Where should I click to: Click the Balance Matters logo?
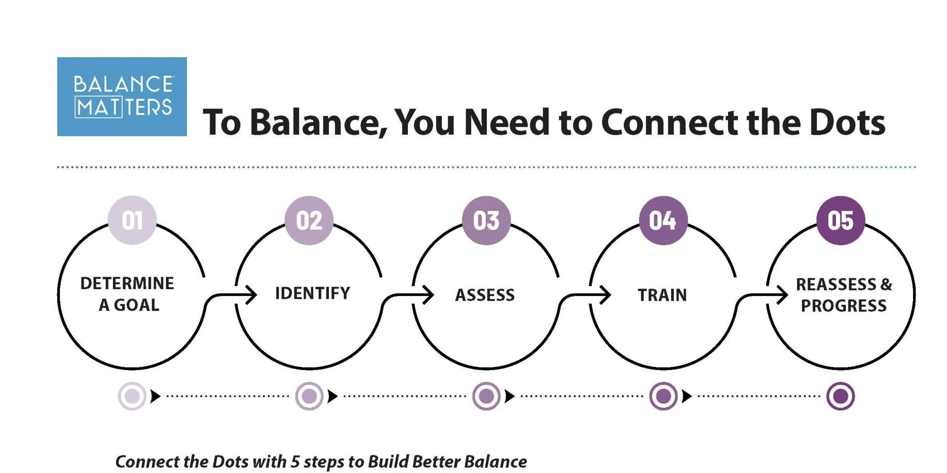[122, 96]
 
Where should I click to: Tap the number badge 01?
[132, 220]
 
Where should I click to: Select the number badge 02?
[309, 220]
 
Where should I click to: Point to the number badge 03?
[486, 220]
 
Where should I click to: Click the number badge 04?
[663, 220]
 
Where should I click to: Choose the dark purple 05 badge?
[840, 220]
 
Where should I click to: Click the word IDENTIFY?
[312, 293]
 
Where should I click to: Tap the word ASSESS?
[485, 295]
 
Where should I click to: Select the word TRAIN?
[662, 295]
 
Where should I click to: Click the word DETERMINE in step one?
[127, 283]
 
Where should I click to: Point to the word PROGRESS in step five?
[843, 306]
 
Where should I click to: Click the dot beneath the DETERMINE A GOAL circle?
[132, 396]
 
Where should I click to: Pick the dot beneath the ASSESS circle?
[486, 396]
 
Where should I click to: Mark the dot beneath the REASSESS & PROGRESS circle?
[840, 396]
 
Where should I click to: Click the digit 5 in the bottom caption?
[295, 462]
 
